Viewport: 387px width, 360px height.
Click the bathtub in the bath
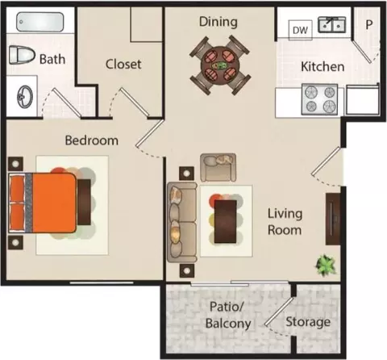(40, 22)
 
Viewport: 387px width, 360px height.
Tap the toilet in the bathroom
(22, 55)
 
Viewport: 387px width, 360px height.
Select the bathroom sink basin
(25, 96)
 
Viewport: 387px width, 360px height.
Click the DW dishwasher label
(300, 30)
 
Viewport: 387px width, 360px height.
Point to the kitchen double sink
(332, 25)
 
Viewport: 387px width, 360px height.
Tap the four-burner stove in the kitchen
(319, 99)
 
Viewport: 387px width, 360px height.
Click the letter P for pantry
(369, 25)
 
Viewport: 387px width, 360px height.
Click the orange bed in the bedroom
(43, 203)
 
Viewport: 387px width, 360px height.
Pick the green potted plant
(326, 265)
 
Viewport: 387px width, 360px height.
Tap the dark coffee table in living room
(226, 221)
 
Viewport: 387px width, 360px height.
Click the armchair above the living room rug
(218, 167)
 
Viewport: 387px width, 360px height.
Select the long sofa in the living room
(182, 222)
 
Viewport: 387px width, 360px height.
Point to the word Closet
(123, 64)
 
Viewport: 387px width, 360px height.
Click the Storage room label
(308, 322)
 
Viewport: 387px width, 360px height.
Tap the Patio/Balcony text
(228, 315)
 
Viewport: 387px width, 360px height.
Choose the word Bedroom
(92, 140)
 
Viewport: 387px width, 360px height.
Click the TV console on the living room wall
(333, 219)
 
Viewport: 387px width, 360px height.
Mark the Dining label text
(218, 22)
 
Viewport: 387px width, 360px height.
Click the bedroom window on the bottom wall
(102, 283)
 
